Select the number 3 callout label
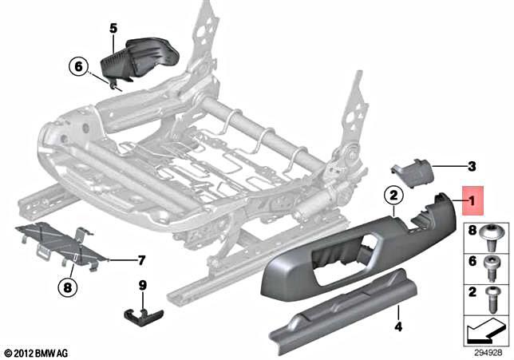(471, 166)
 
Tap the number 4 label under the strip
(397, 327)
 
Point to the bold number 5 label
(113, 29)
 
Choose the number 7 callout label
(140, 260)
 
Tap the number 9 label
(142, 284)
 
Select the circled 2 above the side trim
(392, 193)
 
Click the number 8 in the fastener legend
(472, 233)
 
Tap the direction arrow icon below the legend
(485, 328)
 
